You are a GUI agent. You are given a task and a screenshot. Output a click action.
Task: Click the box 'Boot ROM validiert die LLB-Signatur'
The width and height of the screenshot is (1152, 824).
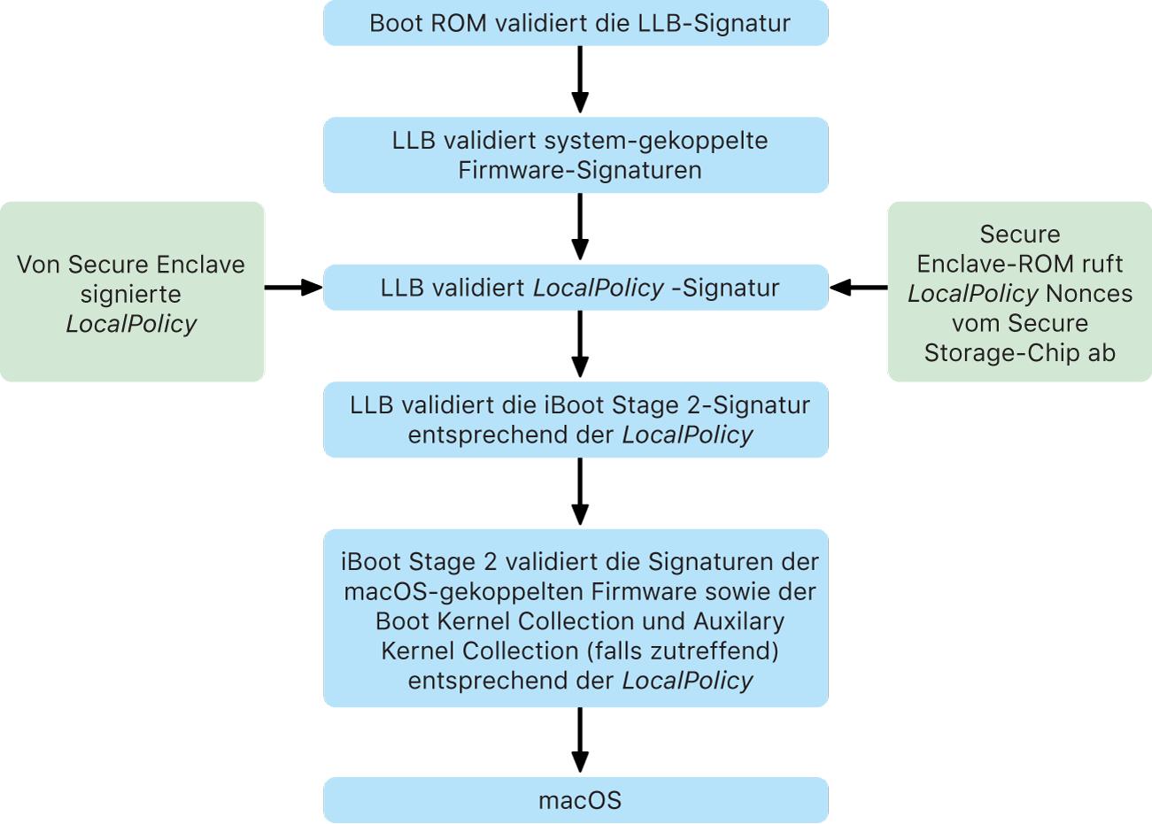(576, 23)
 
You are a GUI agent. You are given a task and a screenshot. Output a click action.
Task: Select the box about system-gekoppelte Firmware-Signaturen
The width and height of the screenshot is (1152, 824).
(576, 155)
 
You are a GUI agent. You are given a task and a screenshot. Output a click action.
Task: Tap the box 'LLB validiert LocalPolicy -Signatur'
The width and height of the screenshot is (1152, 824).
(576, 288)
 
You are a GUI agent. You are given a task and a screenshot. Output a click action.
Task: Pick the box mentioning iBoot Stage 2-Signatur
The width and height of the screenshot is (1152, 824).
(576, 420)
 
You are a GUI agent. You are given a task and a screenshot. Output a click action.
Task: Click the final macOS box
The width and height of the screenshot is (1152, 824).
(576, 800)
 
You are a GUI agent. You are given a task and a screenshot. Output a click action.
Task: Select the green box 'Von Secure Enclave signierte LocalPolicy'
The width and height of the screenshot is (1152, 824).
(132, 292)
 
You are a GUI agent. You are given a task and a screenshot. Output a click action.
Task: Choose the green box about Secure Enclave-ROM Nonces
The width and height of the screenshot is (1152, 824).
(1020, 292)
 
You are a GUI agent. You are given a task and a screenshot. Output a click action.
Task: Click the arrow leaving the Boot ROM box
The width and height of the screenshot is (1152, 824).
(580, 80)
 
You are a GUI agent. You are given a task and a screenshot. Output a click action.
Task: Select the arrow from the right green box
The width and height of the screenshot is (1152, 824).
(858, 287)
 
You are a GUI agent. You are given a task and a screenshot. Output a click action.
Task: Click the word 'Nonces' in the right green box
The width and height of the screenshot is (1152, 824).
(1089, 294)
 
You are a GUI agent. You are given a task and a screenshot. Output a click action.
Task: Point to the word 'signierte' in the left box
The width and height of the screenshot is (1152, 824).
(130, 294)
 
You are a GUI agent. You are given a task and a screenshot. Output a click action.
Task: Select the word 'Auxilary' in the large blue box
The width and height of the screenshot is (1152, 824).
(738, 621)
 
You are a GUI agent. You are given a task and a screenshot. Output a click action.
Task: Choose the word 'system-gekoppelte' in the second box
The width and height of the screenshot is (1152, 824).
(655, 141)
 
